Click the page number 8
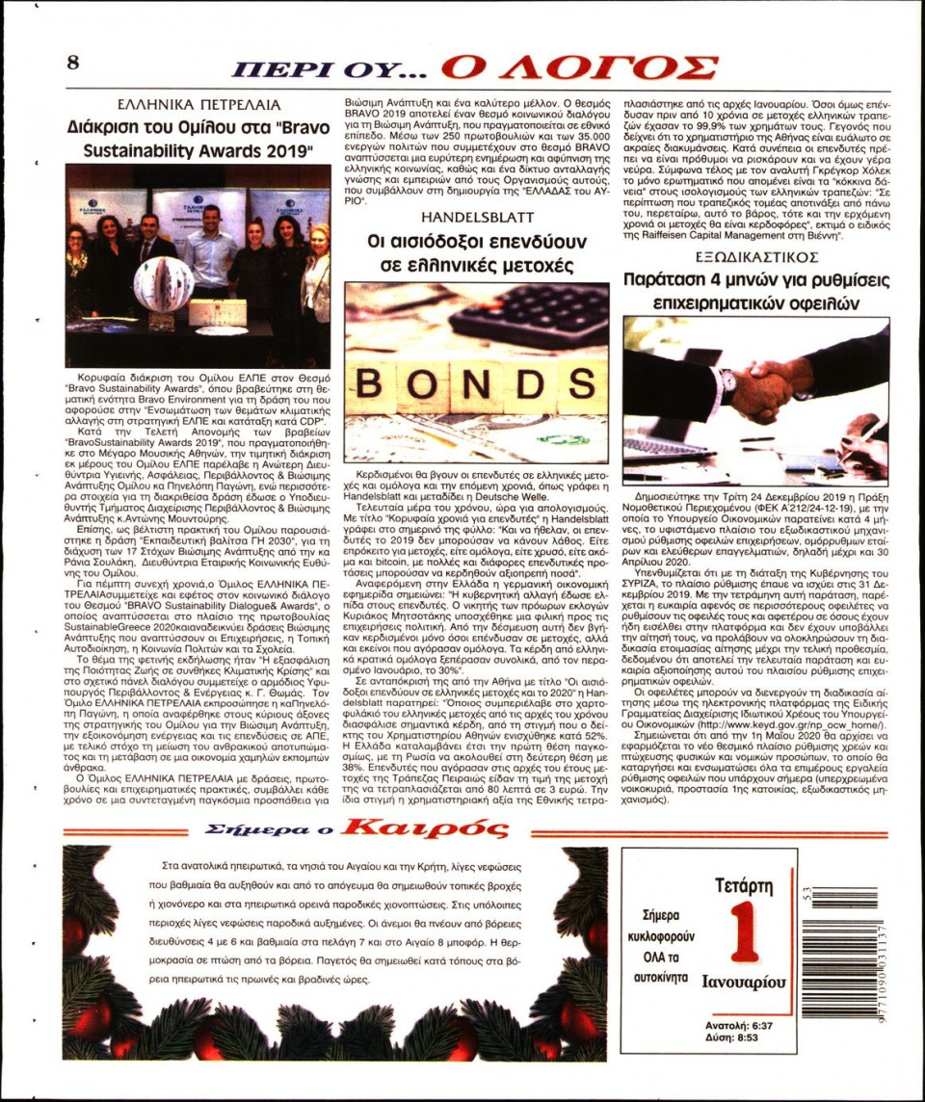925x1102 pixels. (x=72, y=62)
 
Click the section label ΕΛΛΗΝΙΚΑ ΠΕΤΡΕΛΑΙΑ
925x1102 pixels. (x=198, y=104)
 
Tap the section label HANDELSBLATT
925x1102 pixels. (x=476, y=216)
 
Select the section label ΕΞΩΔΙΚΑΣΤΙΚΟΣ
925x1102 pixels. (x=756, y=256)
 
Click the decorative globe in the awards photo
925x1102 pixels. (x=163, y=285)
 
